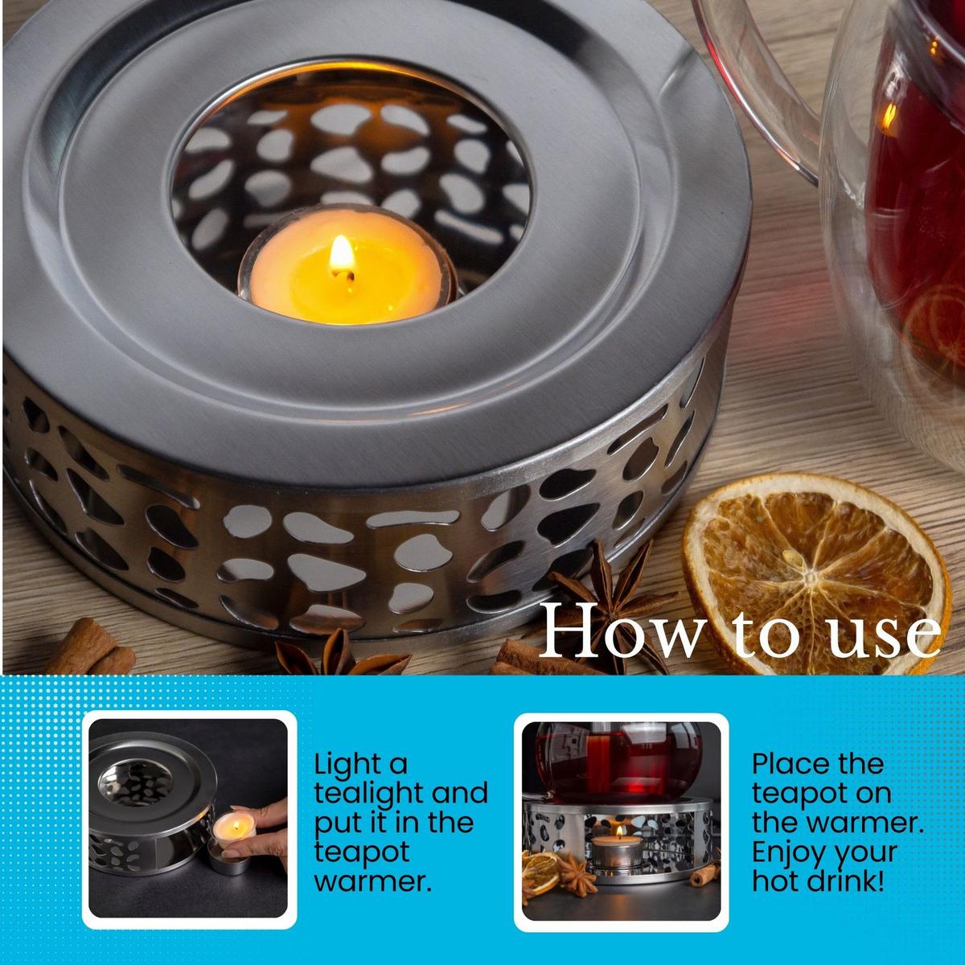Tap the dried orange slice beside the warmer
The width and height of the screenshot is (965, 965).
pyautogui.click(x=815, y=576)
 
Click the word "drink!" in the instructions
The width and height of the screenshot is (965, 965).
pyautogui.click(x=846, y=881)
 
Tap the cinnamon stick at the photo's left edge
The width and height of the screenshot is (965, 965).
pyautogui.click(x=89, y=647)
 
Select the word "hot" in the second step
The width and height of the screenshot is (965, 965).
pyautogui.click(x=776, y=881)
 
